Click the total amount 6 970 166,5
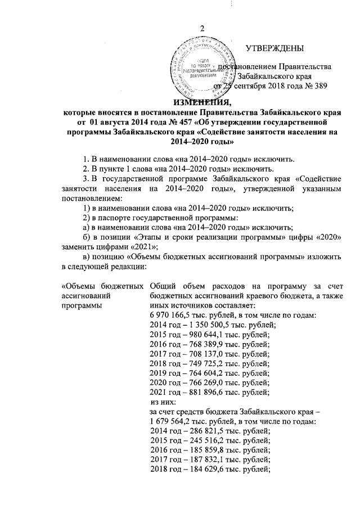pyautogui.click(x=173, y=316)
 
